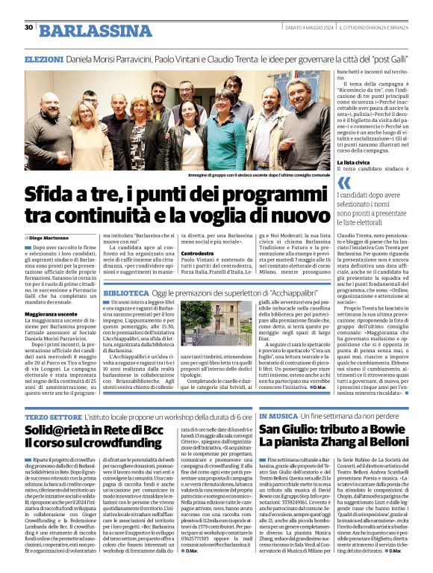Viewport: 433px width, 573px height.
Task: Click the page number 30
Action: click(x=28, y=28)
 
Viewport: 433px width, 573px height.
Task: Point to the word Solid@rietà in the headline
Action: click(x=60, y=431)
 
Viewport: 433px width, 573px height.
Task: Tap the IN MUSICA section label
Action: click(x=278, y=415)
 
